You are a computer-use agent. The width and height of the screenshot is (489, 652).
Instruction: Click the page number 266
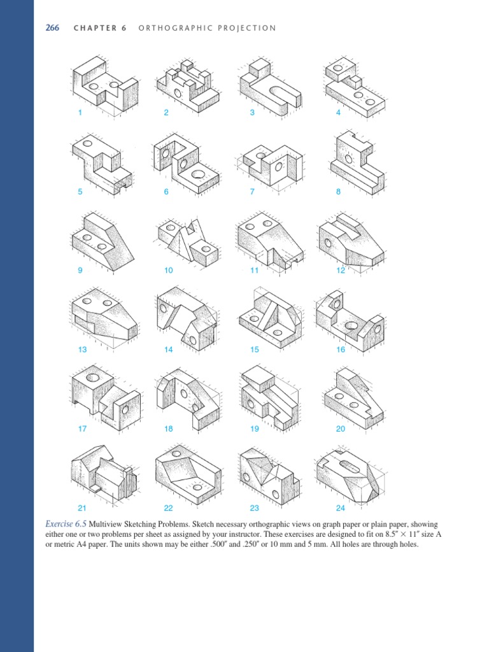tap(52, 28)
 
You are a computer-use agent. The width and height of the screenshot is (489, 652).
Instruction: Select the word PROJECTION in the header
tap(246, 28)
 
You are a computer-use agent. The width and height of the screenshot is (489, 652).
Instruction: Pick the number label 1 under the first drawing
tap(80, 113)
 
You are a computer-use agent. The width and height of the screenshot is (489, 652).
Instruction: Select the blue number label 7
tap(252, 192)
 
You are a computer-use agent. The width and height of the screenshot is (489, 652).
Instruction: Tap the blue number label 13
tap(82, 350)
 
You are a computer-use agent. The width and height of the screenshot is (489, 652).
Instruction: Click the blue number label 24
tap(341, 508)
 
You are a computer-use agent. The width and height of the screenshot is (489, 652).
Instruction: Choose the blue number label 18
tap(169, 429)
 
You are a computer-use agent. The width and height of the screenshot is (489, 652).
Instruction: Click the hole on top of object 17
tap(93, 378)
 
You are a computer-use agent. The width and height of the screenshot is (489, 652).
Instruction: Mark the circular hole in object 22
tap(198, 487)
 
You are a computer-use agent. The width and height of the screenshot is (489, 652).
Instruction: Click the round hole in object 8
tap(348, 159)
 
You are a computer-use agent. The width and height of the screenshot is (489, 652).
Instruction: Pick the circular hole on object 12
tap(328, 243)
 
